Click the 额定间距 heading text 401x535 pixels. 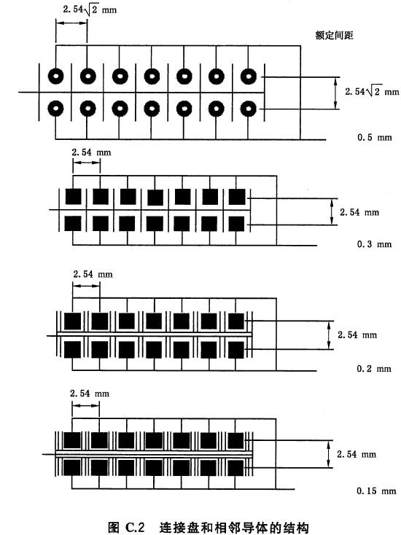pos(334,35)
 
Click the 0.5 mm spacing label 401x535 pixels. pos(374,138)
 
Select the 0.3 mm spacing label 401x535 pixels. pos(374,244)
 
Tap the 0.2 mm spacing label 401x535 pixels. pos(374,369)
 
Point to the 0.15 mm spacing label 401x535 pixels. pos(376,491)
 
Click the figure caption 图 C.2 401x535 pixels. pos(127,528)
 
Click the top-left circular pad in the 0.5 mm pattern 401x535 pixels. pos(55,77)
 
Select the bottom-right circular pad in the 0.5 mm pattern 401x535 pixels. pos(248,109)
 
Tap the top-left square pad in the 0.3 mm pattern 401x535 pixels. pos(74,197)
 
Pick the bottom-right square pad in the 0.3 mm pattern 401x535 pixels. pos(236,224)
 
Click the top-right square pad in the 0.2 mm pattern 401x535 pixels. pos(236,321)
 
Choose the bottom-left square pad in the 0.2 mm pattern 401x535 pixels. pos(73,349)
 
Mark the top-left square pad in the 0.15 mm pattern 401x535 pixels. pos(72,440)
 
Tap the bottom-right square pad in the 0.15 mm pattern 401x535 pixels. pos(235,468)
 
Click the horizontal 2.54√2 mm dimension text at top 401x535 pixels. pos(90,9)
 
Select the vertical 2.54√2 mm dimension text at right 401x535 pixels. pos(372,91)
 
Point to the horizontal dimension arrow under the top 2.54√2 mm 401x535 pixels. pos(71,23)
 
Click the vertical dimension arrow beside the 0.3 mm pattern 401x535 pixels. pos(332,211)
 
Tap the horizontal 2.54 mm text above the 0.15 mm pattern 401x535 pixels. pos(90,394)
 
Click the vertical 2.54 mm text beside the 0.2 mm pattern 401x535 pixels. pos(357,335)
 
